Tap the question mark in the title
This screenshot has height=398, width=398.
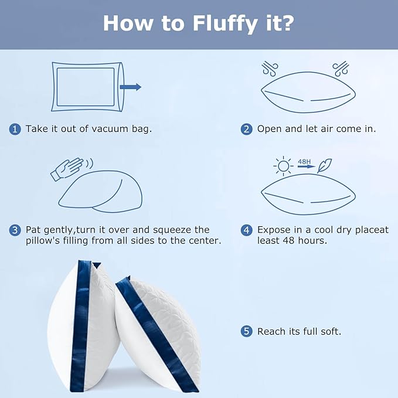point(287,23)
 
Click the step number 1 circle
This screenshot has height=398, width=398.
point(15,129)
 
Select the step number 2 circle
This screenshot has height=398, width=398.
point(246,129)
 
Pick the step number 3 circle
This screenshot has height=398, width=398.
point(15,230)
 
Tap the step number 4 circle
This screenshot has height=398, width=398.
point(246,230)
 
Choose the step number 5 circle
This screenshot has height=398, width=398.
point(246,331)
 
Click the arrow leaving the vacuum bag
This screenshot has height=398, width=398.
point(131,87)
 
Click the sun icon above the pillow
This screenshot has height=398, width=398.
point(283,166)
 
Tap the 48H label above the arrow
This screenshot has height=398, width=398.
point(304,162)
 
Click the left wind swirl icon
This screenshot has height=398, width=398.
point(270,69)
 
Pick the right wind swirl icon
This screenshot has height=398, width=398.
point(341,69)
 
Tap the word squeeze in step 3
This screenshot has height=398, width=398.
point(172,230)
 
